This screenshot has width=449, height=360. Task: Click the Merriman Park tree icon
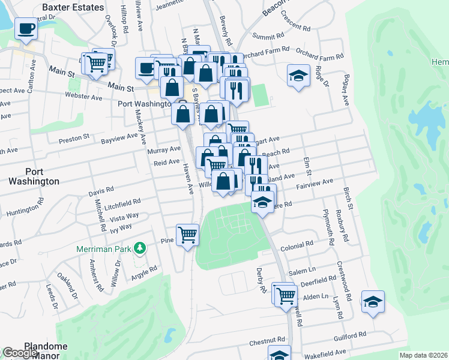point(139,247)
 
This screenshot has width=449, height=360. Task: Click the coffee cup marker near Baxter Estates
point(26,29)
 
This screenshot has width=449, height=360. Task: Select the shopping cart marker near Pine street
point(187,234)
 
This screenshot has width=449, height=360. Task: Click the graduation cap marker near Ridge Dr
point(298,76)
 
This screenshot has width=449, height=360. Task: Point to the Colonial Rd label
point(297,245)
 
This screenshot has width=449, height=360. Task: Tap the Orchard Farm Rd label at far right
point(323,56)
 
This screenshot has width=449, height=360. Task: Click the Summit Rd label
point(268,36)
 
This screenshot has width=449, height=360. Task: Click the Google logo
point(19,353)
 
